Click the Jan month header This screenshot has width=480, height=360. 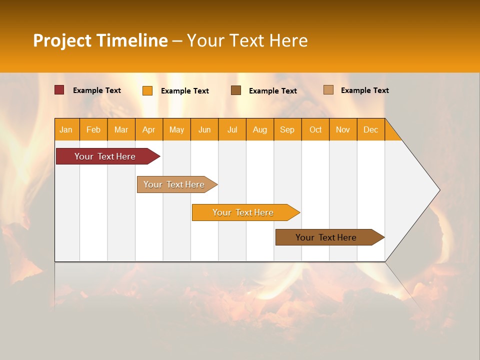point(66,129)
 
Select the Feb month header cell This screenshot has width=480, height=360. point(93,129)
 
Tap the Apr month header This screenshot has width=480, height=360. point(148,129)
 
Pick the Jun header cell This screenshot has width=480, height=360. point(204,129)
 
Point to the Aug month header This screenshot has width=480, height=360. point(259,129)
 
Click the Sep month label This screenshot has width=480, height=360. point(287,129)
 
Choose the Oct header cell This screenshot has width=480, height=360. point(315,129)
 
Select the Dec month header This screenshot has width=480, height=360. point(370,129)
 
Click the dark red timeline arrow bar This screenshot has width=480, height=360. point(105,156)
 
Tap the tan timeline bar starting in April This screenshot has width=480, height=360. point(174,184)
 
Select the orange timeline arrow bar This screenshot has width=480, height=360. point(243,212)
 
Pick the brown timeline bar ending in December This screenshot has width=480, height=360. point(326,237)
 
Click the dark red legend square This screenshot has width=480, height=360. point(59,90)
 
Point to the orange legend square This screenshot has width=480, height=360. point(147,90)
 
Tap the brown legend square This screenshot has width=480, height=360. point(236,90)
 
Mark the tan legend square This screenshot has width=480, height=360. point(328,90)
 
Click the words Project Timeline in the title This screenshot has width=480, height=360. point(100,40)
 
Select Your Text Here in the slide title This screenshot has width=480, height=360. point(247,40)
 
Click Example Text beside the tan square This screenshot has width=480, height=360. point(364,90)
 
